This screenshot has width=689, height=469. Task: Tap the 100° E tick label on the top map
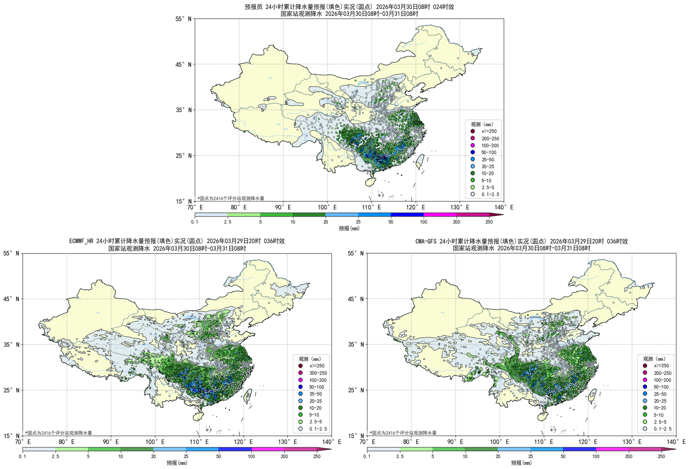[327, 207]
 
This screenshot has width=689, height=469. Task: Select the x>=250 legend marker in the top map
[473, 131]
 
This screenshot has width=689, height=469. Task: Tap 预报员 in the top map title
[254, 7]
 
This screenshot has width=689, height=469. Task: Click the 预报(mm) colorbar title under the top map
[349, 228]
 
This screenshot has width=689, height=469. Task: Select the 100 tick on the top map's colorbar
[423, 222]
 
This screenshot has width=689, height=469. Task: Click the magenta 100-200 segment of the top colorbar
[440, 215]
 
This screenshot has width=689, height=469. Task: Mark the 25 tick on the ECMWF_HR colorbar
[186, 456]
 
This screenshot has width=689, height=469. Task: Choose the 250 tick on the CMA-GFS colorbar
[661, 456]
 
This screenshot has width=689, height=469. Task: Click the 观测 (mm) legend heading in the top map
[482, 124]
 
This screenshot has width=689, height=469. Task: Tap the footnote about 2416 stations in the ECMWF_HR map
[58, 433]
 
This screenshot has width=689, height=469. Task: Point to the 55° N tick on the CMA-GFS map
[356, 253]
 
